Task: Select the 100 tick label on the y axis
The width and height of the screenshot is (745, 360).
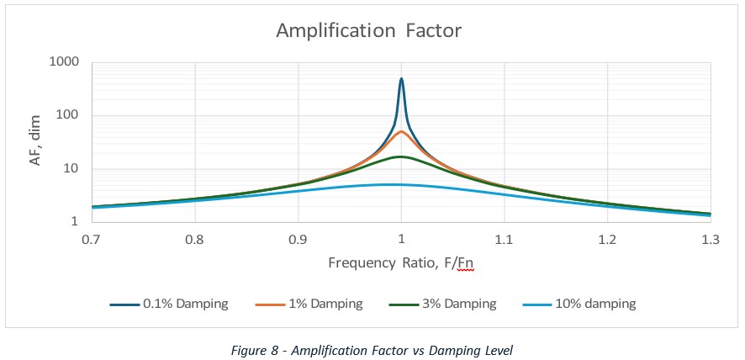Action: point(71,115)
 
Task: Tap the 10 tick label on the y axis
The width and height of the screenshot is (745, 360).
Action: point(75,169)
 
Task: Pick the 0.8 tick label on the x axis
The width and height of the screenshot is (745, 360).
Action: point(194,239)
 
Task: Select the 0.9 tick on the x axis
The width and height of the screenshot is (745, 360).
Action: point(298,239)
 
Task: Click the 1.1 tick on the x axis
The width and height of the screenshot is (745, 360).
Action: point(504,239)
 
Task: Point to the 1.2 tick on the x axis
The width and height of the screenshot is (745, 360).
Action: point(607,239)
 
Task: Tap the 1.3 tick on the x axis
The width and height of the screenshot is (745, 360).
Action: point(710,239)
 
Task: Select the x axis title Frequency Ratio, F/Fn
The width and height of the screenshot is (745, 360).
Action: point(400,263)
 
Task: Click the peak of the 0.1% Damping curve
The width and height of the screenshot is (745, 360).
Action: point(401,79)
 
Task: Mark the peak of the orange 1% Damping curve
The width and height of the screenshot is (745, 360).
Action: point(401,131)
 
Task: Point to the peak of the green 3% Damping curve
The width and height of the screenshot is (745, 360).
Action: point(401,156)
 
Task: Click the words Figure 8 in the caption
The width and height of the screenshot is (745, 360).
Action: point(254,347)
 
